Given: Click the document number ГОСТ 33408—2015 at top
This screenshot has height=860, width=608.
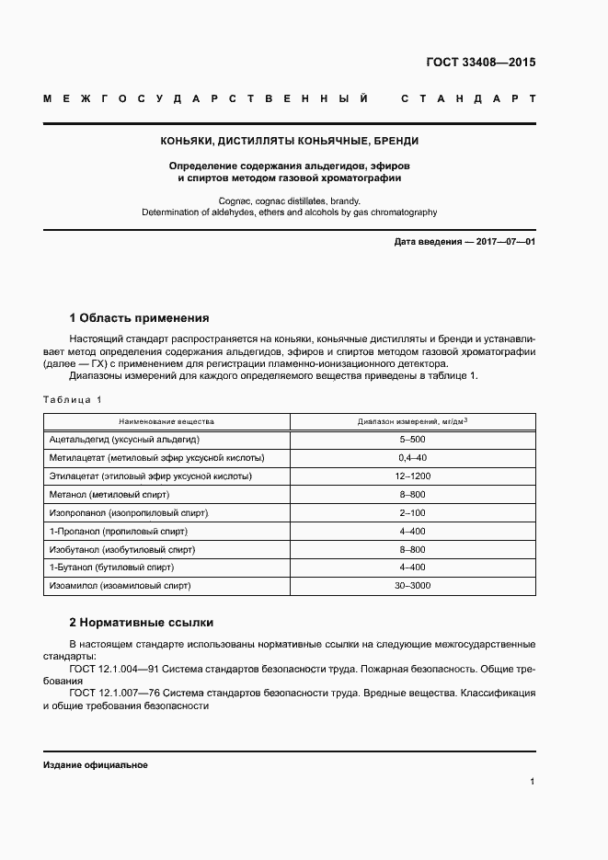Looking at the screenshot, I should (479, 63).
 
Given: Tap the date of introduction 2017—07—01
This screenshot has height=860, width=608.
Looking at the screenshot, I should (465, 241).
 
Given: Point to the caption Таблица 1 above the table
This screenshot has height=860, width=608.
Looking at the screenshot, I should (73, 399).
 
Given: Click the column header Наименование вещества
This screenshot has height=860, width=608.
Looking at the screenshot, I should (166, 421).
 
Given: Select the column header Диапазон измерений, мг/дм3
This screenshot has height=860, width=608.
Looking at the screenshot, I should (412, 421).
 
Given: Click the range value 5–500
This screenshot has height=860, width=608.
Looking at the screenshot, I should (412, 440).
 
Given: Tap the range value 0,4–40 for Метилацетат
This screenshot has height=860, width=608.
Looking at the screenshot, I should (412, 458).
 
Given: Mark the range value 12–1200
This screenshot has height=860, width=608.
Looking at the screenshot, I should (412, 476).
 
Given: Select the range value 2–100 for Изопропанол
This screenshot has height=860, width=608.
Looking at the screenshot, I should (412, 512).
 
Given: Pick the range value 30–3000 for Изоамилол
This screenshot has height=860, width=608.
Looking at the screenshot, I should (412, 585).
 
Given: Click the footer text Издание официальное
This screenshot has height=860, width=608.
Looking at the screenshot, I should (95, 765).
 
